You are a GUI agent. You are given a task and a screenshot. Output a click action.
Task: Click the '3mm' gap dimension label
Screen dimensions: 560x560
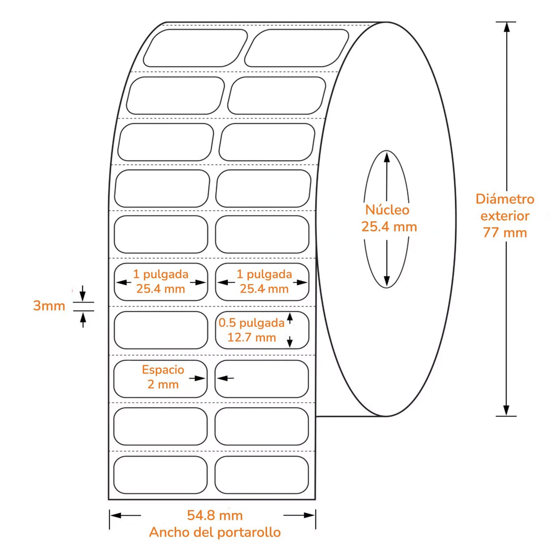tap(49, 306)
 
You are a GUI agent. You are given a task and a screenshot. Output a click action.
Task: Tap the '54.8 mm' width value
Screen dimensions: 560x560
tap(215, 515)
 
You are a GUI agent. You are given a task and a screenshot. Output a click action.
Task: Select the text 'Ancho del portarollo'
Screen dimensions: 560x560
tap(215, 532)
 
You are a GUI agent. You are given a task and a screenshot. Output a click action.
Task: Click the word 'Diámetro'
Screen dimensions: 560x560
tap(505, 199)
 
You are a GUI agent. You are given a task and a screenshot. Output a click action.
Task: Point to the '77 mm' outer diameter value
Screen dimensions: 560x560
tap(505, 233)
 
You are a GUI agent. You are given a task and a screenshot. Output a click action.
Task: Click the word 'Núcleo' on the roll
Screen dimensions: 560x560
tap(387, 210)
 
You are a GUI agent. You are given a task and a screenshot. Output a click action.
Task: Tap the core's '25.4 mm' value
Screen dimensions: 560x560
tap(389, 227)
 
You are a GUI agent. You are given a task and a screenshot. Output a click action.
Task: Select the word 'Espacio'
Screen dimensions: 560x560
tap(163, 370)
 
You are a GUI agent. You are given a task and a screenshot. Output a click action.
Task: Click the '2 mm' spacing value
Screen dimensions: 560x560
tap(163, 384)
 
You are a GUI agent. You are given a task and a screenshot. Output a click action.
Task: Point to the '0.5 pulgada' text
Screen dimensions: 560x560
tap(251, 323)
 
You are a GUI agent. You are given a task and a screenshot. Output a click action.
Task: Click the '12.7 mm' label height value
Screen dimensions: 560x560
tap(252, 338)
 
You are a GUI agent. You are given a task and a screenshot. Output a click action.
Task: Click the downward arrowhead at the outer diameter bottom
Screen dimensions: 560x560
tap(506, 411)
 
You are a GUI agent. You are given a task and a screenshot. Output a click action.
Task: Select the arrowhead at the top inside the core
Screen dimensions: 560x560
tap(386, 157)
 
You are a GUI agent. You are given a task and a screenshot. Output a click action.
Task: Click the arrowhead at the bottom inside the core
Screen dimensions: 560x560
tap(386, 282)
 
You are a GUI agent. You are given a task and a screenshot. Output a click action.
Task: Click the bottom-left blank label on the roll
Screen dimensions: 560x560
tap(160, 475)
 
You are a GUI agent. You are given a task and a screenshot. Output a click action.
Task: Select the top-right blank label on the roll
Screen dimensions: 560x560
tap(297, 48)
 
